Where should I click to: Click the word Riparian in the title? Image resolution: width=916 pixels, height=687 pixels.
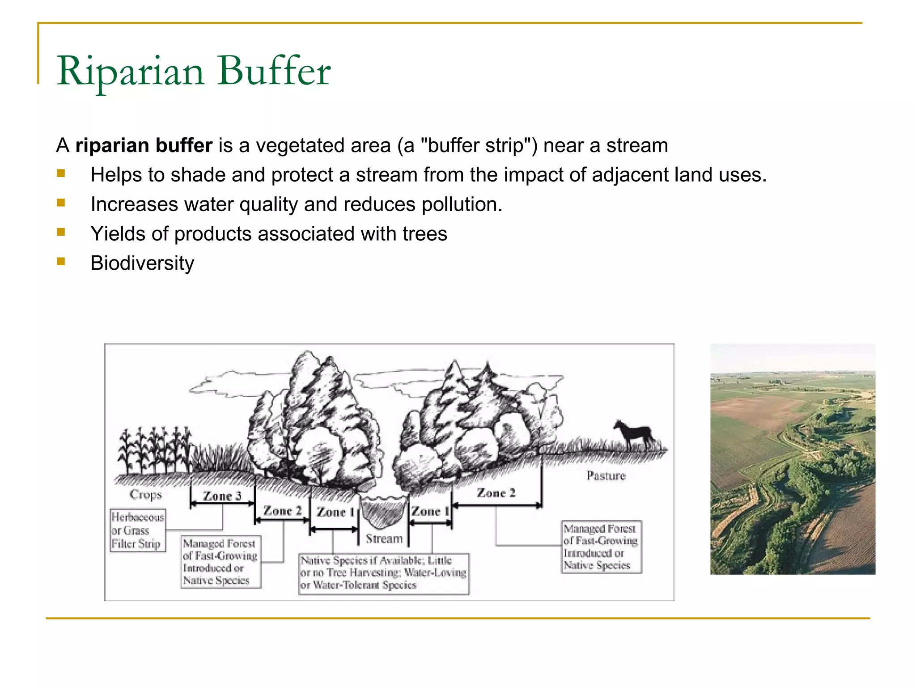tap(130, 72)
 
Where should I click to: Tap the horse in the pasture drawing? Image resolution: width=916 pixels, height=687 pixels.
tap(634, 434)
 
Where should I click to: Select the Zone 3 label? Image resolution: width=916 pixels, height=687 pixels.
tap(222, 496)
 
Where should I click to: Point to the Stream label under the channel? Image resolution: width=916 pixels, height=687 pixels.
tap(384, 539)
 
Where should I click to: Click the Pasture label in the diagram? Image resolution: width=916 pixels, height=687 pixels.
tap(606, 475)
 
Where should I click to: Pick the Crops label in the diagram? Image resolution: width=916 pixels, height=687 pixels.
tap(145, 494)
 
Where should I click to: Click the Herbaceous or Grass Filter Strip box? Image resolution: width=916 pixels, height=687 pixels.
tap(137, 530)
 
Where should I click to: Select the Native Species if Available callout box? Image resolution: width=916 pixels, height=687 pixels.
tap(383, 573)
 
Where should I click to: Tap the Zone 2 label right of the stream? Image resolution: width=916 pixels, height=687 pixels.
tap(496, 493)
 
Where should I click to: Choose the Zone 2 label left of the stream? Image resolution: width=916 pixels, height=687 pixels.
tap(283, 510)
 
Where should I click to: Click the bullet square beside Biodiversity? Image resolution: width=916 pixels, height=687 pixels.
tap(61, 261)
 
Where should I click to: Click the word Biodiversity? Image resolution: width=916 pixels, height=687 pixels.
tap(142, 263)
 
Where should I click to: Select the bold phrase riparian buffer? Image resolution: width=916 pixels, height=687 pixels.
tap(144, 145)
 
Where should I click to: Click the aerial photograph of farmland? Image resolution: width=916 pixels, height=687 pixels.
tap(793, 459)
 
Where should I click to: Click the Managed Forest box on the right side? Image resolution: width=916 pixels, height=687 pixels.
tap(601, 547)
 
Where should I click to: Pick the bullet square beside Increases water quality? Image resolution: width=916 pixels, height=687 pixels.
tap(61, 203)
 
